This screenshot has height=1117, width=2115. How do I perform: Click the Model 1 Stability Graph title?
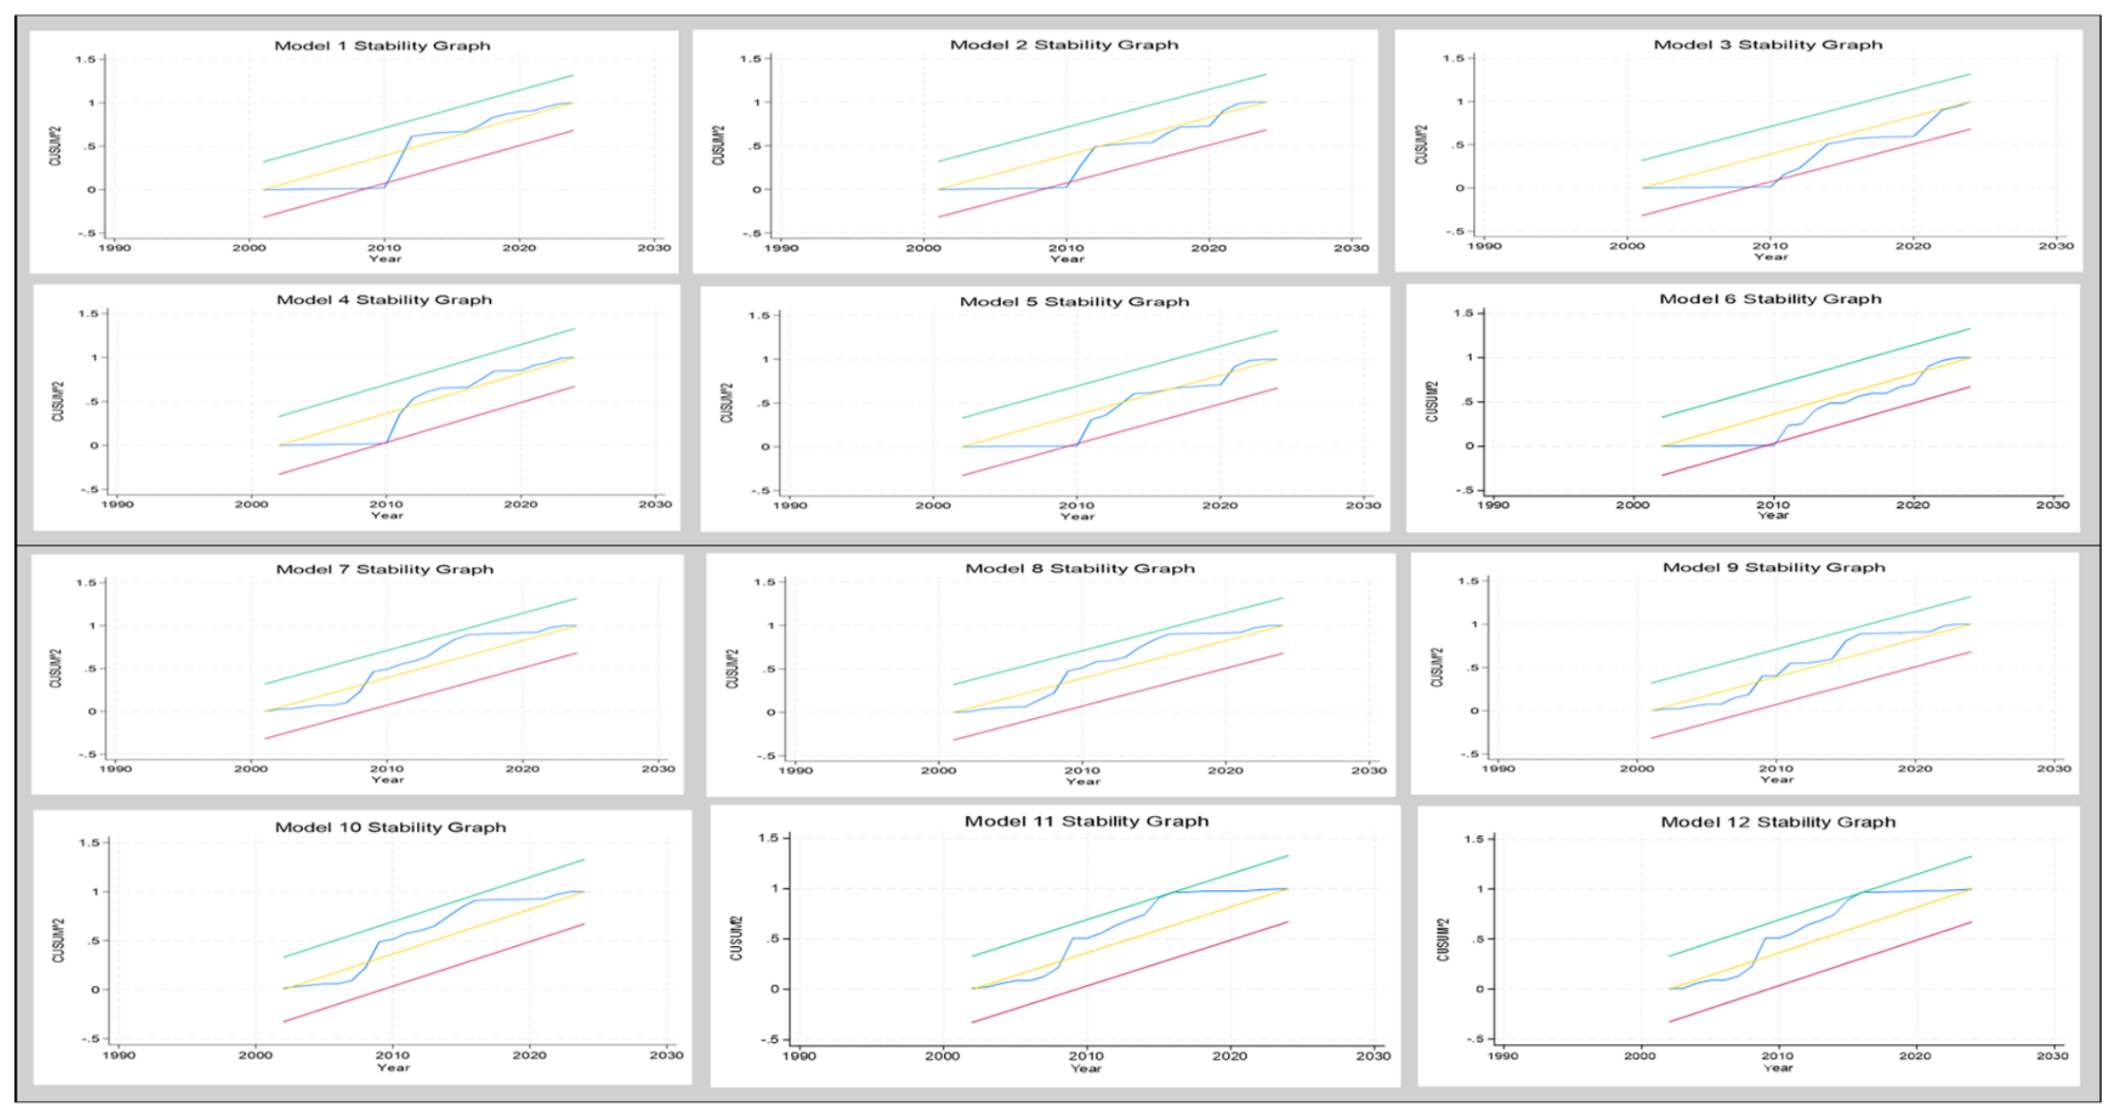click(x=383, y=46)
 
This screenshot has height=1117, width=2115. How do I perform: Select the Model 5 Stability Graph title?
click(x=1074, y=302)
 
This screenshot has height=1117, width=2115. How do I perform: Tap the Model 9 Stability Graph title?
click(x=1773, y=568)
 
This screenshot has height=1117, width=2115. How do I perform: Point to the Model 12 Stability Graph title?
click(x=1778, y=823)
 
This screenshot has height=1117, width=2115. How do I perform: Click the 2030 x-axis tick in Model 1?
click(x=654, y=248)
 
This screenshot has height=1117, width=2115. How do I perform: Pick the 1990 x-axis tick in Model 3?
click(x=1484, y=246)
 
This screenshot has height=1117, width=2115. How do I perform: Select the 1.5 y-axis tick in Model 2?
click(x=750, y=59)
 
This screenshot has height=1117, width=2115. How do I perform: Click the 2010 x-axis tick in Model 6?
click(x=1772, y=505)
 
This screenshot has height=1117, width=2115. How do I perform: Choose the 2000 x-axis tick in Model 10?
click(x=255, y=1055)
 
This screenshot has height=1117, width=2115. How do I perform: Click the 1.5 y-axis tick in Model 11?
click(x=768, y=839)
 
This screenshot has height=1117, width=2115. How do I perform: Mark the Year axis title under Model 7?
click(x=387, y=780)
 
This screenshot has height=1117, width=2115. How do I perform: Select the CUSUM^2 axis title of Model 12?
click(x=1444, y=939)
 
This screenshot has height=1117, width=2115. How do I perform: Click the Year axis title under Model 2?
click(x=1067, y=258)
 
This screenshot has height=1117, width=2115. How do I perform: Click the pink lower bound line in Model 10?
click(x=434, y=973)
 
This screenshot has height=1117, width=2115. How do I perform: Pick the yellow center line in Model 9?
click(x=1811, y=668)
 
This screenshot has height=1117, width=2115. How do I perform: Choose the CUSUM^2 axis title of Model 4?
click(x=59, y=402)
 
